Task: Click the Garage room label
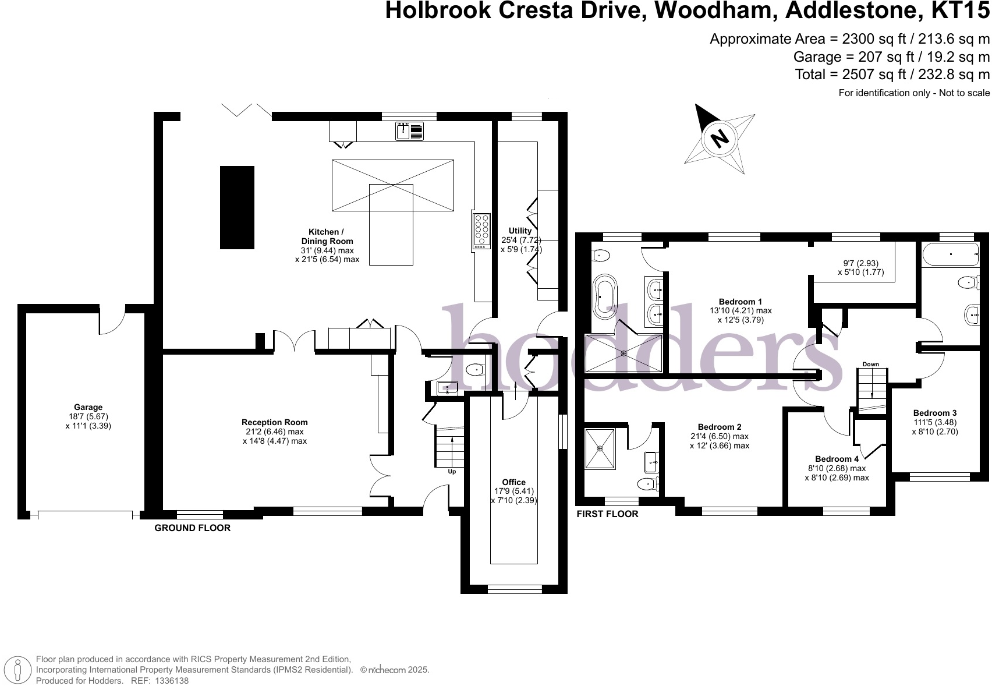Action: point(88,408)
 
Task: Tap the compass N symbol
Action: point(720,139)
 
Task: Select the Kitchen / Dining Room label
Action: point(327,236)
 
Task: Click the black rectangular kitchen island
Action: point(237,207)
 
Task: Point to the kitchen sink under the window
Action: point(409,131)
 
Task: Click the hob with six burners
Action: point(481,232)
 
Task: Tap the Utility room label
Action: point(520,231)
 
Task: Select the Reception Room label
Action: point(275,423)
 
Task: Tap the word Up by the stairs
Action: point(452,472)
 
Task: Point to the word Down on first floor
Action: point(870,365)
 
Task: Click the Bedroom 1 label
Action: point(740,302)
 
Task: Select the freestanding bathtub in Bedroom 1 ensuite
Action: point(604,296)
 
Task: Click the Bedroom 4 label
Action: point(837,459)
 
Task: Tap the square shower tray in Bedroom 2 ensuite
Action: point(600,448)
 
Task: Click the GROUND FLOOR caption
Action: point(192,528)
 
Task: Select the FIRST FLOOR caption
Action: point(607,514)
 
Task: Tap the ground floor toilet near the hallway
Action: point(475,369)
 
